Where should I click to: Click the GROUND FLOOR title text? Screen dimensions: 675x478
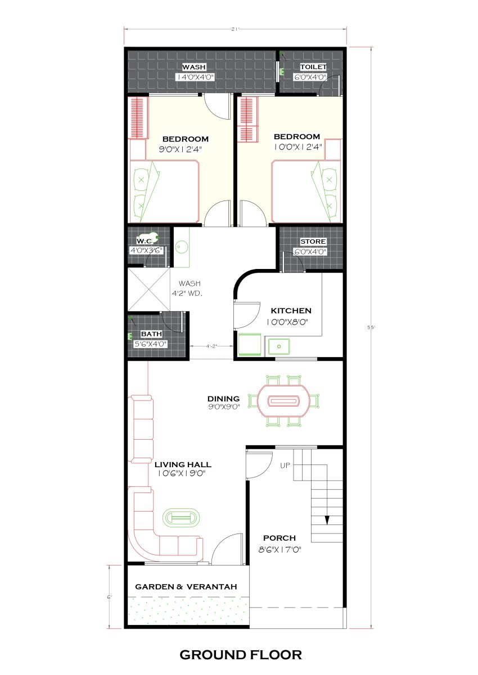click(x=241, y=654)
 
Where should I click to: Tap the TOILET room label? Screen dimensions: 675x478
click(x=313, y=67)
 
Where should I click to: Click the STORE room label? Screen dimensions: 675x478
click(x=313, y=241)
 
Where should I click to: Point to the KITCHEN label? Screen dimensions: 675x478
click(x=291, y=311)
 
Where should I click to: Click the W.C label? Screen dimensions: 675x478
click(x=145, y=241)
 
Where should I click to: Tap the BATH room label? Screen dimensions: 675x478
click(x=151, y=334)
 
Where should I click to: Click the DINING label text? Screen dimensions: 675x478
click(x=223, y=399)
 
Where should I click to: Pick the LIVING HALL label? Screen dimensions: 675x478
click(x=183, y=464)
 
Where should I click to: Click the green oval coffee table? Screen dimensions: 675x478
click(x=181, y=518)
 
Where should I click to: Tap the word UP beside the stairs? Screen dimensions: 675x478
click(x=285, y=466)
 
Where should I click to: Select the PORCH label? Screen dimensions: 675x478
click(x=279, y=538)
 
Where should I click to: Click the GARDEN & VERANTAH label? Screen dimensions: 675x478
click(x=186, y=587)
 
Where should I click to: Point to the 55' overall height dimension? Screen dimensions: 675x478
click(x=371, y=327)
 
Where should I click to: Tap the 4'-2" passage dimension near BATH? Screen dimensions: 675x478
click(x=211, y=346)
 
